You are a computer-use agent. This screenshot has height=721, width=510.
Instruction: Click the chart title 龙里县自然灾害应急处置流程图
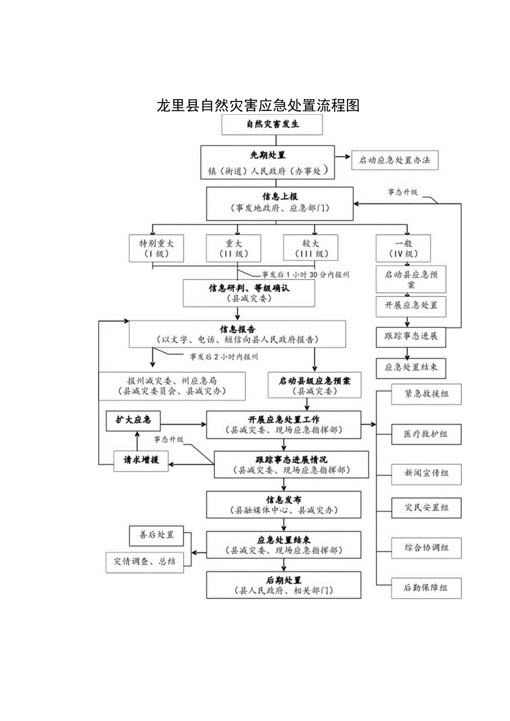[258, 105]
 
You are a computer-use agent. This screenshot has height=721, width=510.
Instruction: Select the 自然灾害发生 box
[272, 124]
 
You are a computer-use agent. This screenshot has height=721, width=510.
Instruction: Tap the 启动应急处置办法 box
[394, 161]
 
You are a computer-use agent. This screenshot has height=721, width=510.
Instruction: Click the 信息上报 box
[280, 203]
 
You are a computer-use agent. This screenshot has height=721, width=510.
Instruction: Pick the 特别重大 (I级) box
[152, 248]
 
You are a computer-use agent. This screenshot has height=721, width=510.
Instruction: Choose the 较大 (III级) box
[310, 248]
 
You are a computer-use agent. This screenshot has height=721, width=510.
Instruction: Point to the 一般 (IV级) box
[403, 248]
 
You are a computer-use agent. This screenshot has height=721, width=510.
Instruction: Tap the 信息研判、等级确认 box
[249, 293]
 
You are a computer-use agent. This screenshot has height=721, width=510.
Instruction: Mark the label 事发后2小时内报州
[224, 356]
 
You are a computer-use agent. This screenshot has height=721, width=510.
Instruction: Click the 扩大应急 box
[133, 420]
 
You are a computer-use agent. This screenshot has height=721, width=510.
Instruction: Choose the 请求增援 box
[141, 460]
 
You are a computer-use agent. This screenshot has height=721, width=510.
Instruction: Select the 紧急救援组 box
[426, 394]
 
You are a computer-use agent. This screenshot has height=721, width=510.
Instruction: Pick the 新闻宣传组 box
[426, 473]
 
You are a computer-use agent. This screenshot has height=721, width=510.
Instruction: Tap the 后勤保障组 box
[426, 587]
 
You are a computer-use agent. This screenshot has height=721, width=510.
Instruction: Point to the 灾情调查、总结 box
[145, 561]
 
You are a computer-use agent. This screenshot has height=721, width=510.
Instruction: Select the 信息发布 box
[284, 504]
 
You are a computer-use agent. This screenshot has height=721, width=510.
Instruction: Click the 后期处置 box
[284, 585]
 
